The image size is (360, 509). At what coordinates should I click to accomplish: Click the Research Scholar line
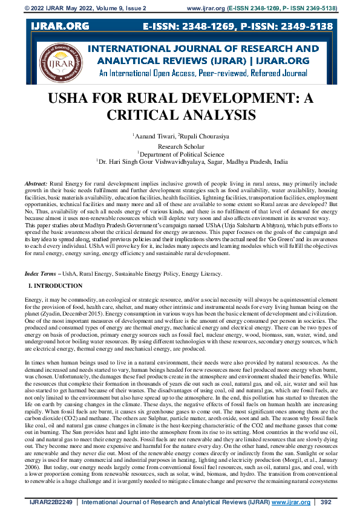tap(180, 146)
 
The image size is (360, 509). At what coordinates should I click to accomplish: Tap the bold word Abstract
tap(36, 182)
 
